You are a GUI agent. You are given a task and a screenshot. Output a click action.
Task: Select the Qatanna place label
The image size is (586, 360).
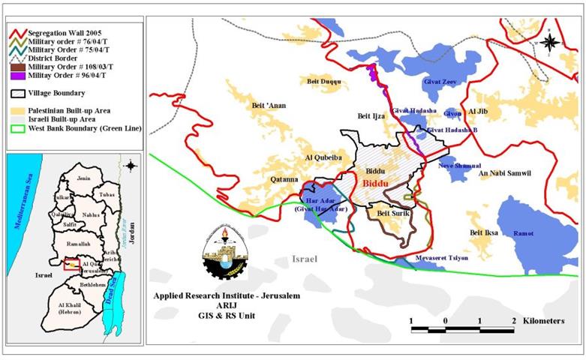click(x=286, y=180)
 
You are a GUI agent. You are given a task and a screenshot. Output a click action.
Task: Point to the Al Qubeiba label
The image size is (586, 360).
click(x=323, y=158)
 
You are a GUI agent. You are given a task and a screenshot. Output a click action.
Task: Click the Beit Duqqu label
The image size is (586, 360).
click(x=323, y=81)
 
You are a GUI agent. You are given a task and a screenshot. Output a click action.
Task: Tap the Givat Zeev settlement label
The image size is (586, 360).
click(x=441, y=81)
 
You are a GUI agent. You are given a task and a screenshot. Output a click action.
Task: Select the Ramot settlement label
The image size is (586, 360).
click(x=524, y=234)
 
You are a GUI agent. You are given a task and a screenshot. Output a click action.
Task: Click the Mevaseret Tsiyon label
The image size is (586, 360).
click(x=442, y=258)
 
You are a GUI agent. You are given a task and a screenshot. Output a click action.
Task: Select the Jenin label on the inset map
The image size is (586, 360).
click(x=83, y=178)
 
